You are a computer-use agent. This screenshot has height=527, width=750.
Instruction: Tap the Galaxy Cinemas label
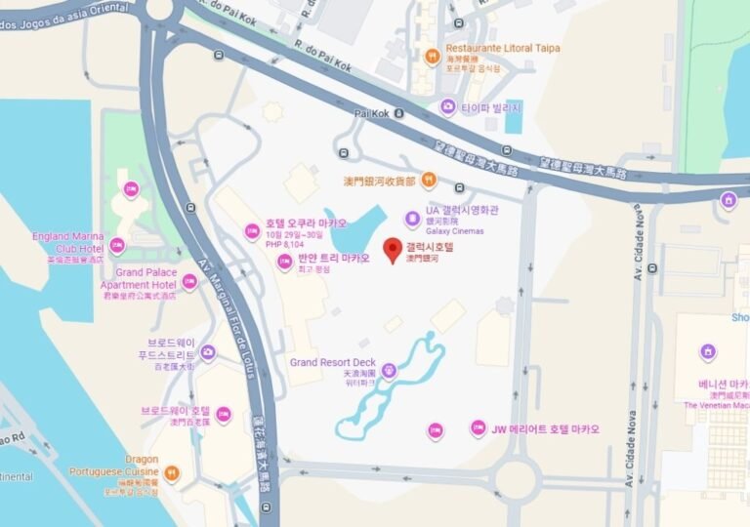coord(455,230)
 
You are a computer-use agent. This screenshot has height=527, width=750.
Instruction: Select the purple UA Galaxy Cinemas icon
coord(412,218)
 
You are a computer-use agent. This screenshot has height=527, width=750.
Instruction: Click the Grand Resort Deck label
coord(333,363)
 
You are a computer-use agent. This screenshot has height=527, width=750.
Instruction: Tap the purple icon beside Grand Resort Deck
coord(390,370)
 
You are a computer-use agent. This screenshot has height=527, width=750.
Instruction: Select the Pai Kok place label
coord(372,113)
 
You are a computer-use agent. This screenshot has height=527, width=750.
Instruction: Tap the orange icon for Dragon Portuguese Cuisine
coord(172,474)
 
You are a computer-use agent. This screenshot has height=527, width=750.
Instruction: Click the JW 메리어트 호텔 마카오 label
coord(545,428)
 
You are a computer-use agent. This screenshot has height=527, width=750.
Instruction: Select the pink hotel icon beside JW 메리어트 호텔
coord(478,427)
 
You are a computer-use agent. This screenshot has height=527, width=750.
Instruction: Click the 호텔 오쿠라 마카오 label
coord(306,223)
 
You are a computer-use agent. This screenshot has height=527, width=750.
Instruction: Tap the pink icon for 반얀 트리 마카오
coord(284,262)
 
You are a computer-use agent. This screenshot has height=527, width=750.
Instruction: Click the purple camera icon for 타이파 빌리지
coord(447,106)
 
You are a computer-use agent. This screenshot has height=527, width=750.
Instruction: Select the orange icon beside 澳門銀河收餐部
coord(429,181)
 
